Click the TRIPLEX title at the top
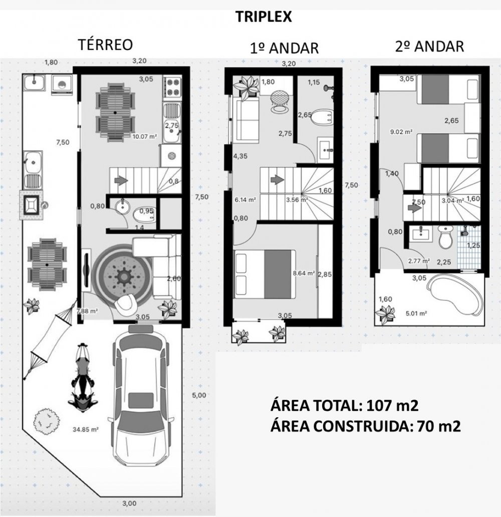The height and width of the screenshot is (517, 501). (x=264, y=17)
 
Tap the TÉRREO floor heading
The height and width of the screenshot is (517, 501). (x=105, y=45)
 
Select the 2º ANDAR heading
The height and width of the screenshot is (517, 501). (x=429, y=47)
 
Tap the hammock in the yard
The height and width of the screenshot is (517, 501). (x=51, y=338)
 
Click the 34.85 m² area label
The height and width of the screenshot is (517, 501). (x=86, y=429)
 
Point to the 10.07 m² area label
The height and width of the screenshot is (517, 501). (x=144, y=136)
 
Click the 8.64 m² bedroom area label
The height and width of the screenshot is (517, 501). (x=304, y=273)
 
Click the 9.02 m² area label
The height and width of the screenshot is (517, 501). (x=401, y=132)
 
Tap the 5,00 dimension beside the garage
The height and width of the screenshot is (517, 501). (x=199, y=395)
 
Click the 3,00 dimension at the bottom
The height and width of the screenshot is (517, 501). (x=129, y=503)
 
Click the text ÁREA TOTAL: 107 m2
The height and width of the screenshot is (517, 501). (x=344, y=405)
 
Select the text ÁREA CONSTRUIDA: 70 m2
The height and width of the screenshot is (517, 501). (x=365, y=426)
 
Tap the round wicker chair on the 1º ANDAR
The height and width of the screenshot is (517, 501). (x=280, y=100)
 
